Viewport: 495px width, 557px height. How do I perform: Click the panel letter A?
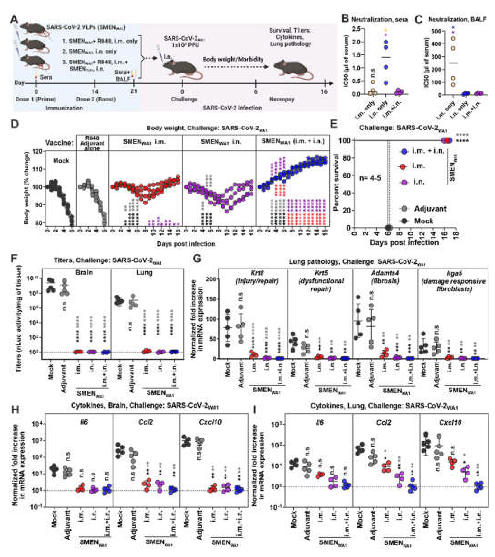tap(15, 20)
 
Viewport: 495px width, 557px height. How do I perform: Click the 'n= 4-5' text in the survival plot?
tap(370, 178)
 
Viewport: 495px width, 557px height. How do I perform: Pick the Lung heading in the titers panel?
tap(144, 272)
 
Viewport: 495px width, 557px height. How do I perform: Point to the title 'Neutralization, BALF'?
tap(457, 20)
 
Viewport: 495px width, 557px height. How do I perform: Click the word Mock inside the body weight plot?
tap(61, 161)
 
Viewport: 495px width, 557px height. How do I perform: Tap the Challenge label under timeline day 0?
tap(184, 99)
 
